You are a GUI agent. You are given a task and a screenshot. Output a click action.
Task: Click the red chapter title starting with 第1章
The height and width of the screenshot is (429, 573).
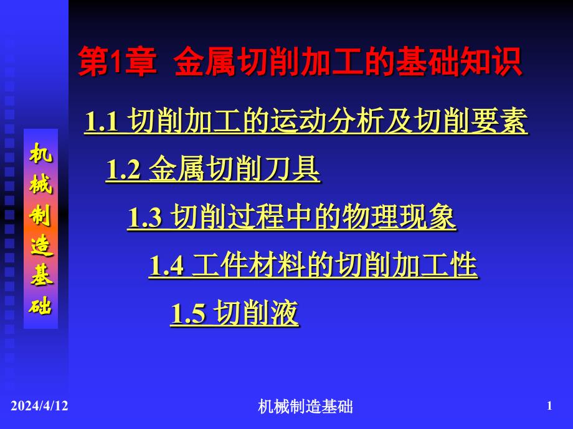coord(300,62)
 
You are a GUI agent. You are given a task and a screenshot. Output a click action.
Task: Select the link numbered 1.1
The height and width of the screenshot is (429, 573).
coord(306,121)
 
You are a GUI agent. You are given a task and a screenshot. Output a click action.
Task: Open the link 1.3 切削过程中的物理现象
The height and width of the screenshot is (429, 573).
coord(291,217)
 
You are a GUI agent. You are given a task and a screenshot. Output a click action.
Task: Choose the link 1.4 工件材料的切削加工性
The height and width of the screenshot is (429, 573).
coord(313,265)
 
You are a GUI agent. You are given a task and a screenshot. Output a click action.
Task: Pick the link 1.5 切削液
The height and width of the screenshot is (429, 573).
coord(235,313)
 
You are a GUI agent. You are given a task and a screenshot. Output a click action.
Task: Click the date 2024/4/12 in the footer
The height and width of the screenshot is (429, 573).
coord(39,405)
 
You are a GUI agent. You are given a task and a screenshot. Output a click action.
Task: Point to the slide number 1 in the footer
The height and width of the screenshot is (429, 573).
coord(549,405)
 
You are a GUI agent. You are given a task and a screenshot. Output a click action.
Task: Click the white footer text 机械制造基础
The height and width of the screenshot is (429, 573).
coord(305,407)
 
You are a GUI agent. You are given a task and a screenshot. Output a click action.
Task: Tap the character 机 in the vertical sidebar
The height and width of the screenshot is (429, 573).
coord(40,152)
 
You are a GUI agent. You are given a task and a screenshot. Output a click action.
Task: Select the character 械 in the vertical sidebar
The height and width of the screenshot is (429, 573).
coord(40,183)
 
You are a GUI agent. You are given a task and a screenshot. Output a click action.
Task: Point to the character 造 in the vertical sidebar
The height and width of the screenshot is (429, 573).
coord(41,245)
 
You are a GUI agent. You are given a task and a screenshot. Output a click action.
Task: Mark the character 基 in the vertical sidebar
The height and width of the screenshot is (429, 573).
coord(41,275)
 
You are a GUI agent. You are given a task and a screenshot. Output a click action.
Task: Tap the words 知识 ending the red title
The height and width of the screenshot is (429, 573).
coord(491,62)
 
